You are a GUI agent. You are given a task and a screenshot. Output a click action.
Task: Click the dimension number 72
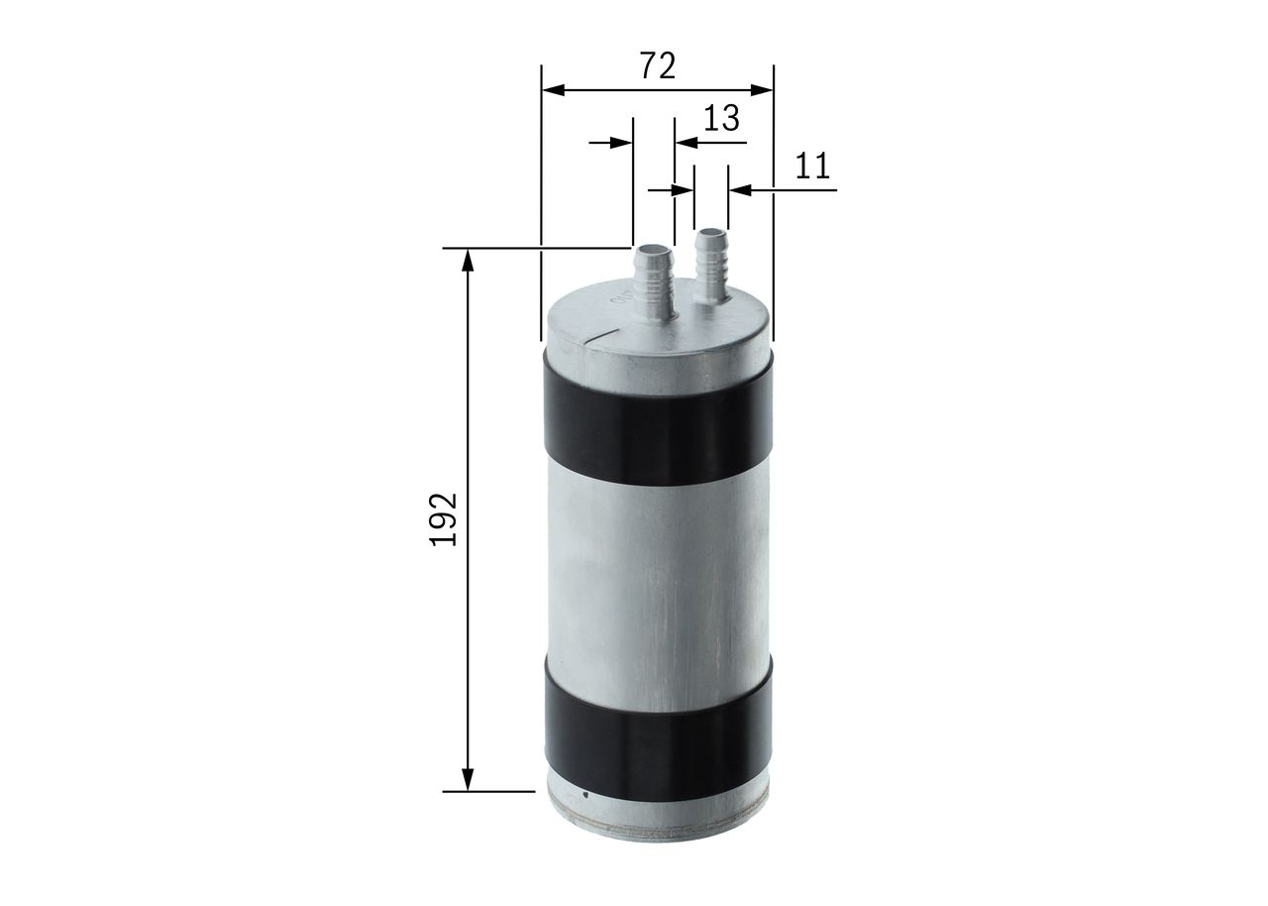point(658,65)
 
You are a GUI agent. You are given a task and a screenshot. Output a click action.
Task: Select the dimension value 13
point(721,118)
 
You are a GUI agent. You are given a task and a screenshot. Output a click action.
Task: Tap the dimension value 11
point(812,165)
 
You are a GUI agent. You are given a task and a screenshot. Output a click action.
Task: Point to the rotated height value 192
point(442,518)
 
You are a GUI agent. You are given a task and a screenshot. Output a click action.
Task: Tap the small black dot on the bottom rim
point(585,794)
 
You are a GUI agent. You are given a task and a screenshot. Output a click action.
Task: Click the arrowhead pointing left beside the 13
point(685,143)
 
